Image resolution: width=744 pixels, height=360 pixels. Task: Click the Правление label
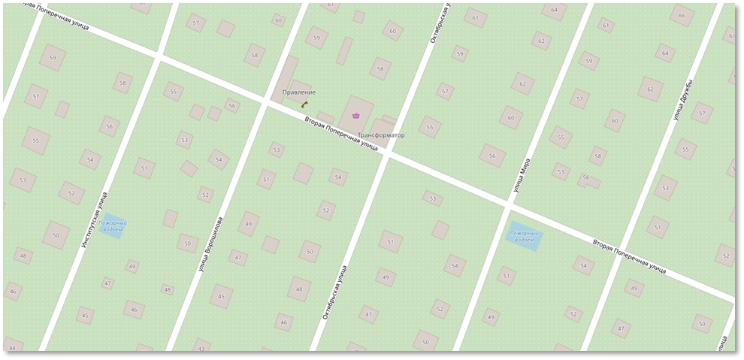coord(298,92)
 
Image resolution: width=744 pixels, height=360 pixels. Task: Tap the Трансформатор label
coord(381,135)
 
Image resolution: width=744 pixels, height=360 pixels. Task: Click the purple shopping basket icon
coord(355,114)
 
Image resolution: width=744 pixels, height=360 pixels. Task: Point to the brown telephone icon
coord(305,104)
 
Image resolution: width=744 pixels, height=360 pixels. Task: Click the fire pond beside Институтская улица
coord(112,226)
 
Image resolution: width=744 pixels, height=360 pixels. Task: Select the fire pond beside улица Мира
coord(524,235)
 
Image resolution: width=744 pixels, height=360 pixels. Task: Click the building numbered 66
coord(682,16)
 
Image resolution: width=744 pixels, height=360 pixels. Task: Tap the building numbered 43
coord(201,348)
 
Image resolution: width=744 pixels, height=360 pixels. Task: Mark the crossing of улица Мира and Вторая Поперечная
coord(509,203)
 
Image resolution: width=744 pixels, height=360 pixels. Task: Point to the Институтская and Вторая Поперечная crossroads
coord(157,57)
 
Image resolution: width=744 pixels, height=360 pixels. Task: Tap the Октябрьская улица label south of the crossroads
coord(335,293)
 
